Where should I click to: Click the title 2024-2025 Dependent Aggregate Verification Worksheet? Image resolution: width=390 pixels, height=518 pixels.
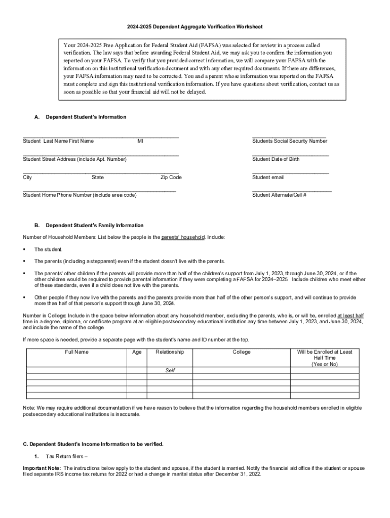[x=194, y=26]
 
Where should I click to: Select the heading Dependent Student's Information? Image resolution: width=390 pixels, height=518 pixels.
[x=86, y=117]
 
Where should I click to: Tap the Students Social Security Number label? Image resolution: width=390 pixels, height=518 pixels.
[x=290, y=141]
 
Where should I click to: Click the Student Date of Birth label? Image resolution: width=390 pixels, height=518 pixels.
[x=276, y=159]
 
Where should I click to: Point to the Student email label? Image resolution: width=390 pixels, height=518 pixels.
[x=268, y=178]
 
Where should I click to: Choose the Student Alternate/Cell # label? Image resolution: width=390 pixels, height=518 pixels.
[x=279, y=195]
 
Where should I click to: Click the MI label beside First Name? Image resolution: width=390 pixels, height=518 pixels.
[x=140, y=141]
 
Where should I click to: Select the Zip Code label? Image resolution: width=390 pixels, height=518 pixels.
[x=171, y=178]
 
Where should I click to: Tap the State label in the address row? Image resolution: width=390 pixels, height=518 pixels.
[x=98, y=178]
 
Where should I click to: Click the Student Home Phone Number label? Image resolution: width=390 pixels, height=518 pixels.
[x=80, y=195]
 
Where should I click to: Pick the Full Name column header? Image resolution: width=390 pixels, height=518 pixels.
[x=77, y=352]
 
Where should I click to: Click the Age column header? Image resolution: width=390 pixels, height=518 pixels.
[x=137, y=352]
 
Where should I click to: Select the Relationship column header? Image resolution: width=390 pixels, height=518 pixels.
[x=170, y=352]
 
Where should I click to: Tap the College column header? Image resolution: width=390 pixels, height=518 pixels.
[x=242, y=352]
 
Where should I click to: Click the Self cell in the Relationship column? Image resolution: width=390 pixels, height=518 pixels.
[x=170, y=370]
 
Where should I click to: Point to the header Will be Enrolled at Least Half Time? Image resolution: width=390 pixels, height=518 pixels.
[x=325, y=358]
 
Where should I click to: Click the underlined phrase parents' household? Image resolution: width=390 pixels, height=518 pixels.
[x=183, y=237]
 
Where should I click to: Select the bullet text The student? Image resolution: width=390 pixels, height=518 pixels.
[x=49, y=249]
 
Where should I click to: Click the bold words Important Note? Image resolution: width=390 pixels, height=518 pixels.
[x=42, y=468]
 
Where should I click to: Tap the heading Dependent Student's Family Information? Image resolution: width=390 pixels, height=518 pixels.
[x=94, y=226]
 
